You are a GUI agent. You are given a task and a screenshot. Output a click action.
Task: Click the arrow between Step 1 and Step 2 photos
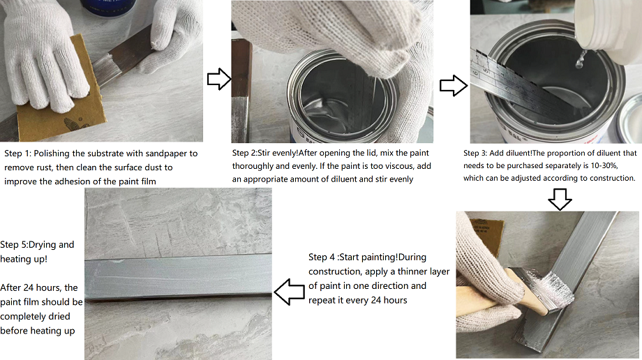pos(218,80)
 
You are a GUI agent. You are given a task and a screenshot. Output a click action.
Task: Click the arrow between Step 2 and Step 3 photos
pos(453,87)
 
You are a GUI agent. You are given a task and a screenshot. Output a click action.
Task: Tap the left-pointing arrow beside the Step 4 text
pos(289,290)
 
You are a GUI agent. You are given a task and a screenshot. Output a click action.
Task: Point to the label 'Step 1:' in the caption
pos(17,153)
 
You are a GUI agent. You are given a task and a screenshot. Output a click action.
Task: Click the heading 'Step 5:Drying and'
pos(37,245)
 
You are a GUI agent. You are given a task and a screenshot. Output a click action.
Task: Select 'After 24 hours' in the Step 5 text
pos(31,287)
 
